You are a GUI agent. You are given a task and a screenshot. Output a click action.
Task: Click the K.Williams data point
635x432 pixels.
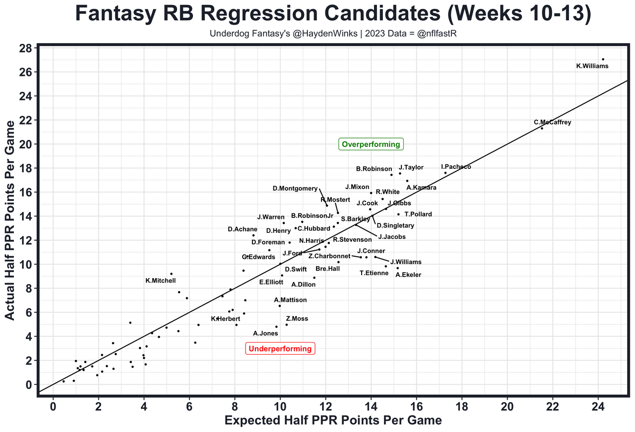tap(603, 59)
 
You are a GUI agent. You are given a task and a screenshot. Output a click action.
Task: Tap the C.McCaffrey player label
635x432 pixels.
tap(552, 122)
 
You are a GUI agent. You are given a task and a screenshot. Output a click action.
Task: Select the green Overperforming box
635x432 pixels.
tap(371, 144)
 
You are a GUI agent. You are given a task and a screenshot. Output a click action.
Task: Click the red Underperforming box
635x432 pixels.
tap(280, 349)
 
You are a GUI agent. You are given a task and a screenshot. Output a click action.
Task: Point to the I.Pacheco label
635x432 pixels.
tap(456, 167)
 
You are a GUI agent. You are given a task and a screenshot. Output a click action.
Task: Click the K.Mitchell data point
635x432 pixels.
tap(171, 274)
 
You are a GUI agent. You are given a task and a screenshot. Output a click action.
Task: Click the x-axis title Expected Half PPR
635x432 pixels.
tap(333, 421)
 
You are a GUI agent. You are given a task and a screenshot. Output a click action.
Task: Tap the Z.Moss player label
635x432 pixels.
tap(297, 319)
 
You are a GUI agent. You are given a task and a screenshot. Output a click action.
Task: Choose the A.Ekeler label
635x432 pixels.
tap(408, 275)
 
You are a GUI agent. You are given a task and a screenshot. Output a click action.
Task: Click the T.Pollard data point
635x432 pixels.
tap(398, 215)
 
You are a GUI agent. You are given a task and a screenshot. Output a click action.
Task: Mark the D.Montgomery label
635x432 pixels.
tap(295, 188)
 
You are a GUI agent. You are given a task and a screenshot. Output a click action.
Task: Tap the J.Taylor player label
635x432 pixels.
tap(411, 167)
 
